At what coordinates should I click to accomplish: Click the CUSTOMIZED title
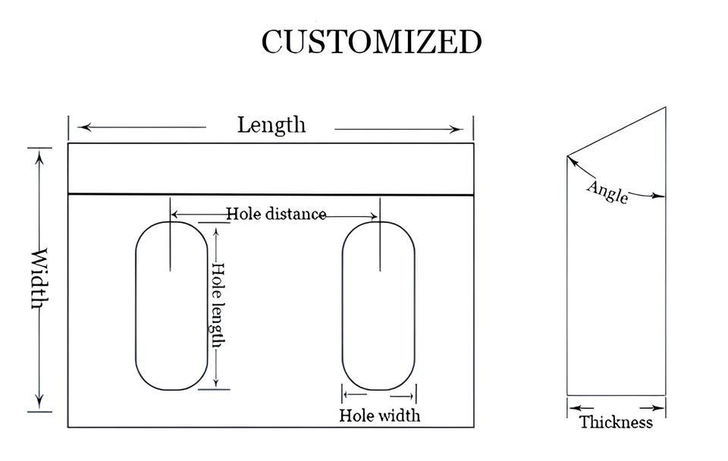pos(372,42)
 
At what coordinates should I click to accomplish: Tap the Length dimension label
pos(271,125)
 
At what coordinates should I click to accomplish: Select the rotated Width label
pos(40,278)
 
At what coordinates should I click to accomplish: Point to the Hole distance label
pos(276,214)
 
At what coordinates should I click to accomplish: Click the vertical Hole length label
pos(218,305)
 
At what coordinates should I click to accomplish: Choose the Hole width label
pos(380,415)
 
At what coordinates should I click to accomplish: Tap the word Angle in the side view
pos(607,192)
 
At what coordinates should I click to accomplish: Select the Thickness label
pos(616,422)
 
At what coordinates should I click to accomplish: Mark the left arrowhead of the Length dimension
pos(83,127)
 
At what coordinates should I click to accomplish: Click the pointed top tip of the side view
pos(665,107)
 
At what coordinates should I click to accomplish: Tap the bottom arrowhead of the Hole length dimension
pos(216,383)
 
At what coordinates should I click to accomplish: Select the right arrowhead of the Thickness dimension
pos(659,408)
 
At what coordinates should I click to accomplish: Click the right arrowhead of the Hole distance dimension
pos(373,216)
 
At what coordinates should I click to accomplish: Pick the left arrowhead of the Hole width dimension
pos(346,394)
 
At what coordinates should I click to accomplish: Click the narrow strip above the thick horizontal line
pos(271,168)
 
